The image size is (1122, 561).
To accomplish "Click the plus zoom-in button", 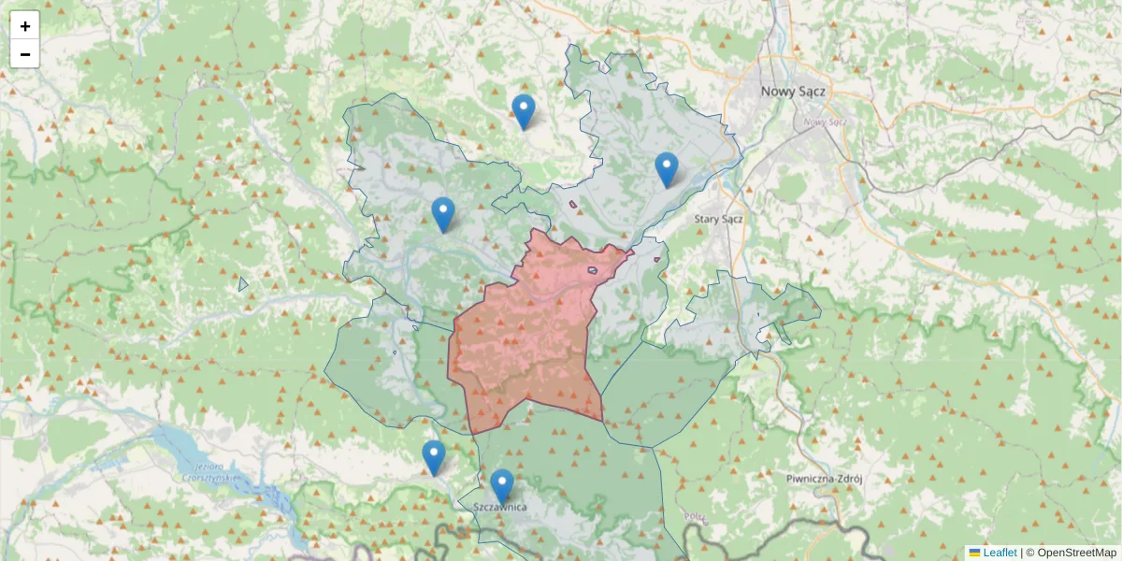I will click(25, 26).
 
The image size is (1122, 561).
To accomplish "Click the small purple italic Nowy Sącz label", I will click(825, 122).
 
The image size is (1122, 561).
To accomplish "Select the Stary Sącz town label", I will click(718, 219).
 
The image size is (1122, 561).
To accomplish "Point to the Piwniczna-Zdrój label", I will click(824, 478).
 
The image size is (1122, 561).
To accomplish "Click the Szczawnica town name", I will click(500, 507).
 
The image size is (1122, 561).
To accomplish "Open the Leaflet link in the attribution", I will click(1000, 553).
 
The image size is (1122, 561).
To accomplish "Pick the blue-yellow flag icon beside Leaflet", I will click(974, 553).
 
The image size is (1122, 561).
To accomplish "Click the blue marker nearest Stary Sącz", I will click(666, 169).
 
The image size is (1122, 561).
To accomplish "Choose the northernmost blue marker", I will click(524, 111).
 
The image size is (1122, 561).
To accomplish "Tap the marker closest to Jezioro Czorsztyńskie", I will click(433, 457).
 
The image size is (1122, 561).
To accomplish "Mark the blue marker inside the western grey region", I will click(443, 214).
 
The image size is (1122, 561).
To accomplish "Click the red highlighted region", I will click(524, 346).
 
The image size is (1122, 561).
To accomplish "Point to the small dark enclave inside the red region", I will click(593, 270).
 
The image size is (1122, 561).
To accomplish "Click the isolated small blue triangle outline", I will click(242, 283).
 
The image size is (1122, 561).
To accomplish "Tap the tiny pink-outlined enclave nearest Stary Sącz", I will click(657, 259).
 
